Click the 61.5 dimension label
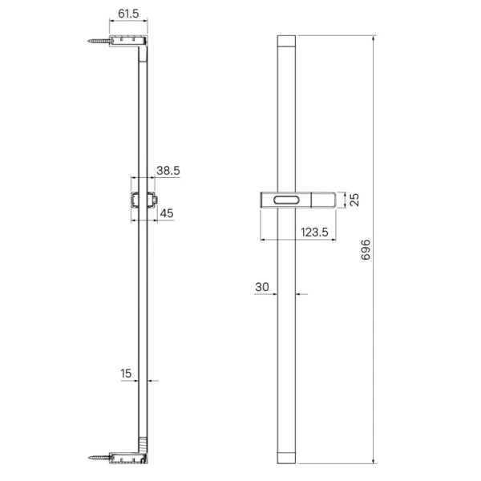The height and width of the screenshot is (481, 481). pyautogui.click(x=128, y=14)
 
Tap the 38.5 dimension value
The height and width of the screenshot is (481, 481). pyautogui.click(x=168, y=171)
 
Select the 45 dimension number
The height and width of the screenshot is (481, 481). pyautogui.click(x=167, y=213)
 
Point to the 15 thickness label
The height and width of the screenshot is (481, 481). pyautogui.click(x=126, y=374)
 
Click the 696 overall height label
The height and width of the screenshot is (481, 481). pyautogui.click(x=366, y=249)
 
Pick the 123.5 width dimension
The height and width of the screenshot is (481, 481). pyautogui.click(x=314, y=232)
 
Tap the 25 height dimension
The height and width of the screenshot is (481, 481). pyautogui.click(x=354, y=200)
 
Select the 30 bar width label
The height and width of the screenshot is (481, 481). pyautogui.click(x=262, y=287)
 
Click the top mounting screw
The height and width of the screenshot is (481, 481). pyautogui.click(x=98, y=41)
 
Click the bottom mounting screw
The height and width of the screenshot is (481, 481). pyautogui.click(x=99, y=458)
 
